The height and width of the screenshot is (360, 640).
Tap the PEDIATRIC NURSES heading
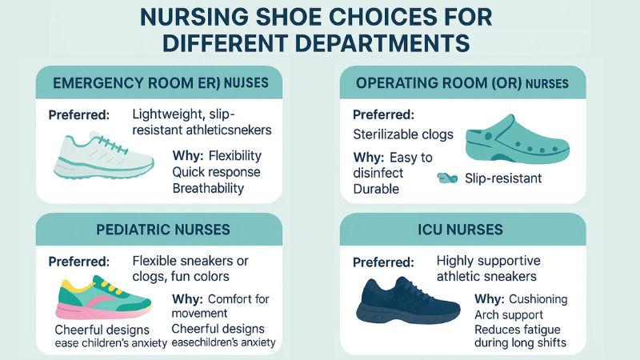tap(163, 230)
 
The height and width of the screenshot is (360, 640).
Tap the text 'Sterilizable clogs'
tap(403, 134)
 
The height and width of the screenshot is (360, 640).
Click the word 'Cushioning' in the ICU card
tap(538, 298)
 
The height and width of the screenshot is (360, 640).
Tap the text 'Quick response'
tap(217, 172)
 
